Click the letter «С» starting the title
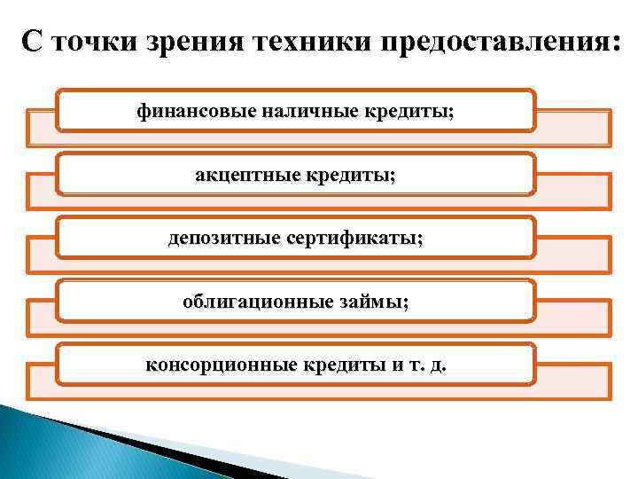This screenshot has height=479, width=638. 32,42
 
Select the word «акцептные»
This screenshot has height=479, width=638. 247,175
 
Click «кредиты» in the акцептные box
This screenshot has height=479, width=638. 352,175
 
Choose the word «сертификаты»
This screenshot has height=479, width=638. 354,239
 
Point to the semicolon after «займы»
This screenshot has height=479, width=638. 406,303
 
